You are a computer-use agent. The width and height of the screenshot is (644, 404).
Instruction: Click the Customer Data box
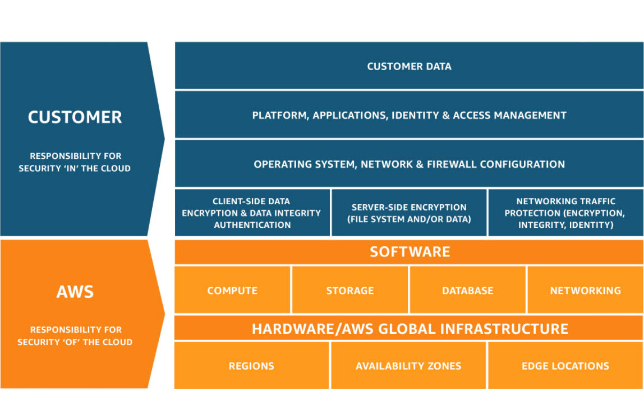point(409,66)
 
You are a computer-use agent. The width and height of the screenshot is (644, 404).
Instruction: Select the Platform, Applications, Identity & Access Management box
point(409,115)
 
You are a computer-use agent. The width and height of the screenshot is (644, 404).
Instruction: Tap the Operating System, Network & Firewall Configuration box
point(409,164)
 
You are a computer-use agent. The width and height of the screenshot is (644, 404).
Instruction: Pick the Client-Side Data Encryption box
point(252,213)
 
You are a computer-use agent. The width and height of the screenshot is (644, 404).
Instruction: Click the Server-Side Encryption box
point(409,213)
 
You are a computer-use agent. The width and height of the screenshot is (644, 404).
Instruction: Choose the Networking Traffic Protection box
point(565,213)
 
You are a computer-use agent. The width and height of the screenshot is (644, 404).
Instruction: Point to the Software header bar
point(409,252)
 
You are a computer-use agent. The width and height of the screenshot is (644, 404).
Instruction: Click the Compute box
point(232,291)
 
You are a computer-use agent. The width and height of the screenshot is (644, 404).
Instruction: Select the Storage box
point(350,291)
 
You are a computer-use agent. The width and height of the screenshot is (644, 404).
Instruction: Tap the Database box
point(467,291)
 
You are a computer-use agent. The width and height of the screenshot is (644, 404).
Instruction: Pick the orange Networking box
point(585,291)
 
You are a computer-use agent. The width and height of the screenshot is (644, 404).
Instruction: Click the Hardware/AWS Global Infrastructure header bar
point(409,328)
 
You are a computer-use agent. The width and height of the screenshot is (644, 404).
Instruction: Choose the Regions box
point(251,366)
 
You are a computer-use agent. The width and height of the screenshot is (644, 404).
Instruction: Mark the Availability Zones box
point(408,366)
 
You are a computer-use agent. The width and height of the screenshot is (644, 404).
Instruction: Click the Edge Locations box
point(565,366)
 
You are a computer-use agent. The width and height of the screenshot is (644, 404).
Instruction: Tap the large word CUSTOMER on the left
point(75,117)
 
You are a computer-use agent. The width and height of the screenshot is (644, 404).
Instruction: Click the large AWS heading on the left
point(75,292)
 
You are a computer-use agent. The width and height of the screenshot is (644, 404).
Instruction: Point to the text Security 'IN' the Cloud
point(75,168)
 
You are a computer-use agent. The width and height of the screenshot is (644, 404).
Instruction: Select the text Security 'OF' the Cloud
point(75,342)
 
